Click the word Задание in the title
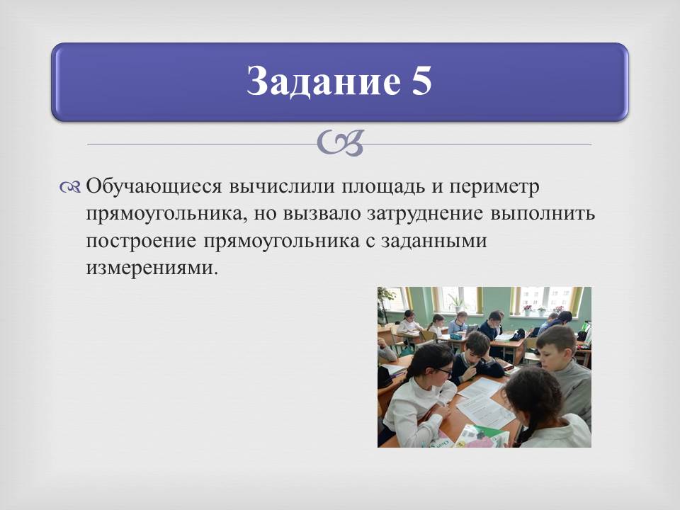pos(324,81)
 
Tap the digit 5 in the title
pos(421,81)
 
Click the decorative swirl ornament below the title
pos(340,143)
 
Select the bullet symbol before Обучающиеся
pos(70,187)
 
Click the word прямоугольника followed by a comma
pos(167,215)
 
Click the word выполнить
pos(543,214)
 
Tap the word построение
pos(141,242)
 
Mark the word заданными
pos(434,242)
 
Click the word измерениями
pos(150,268)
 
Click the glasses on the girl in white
pos(444,371)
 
